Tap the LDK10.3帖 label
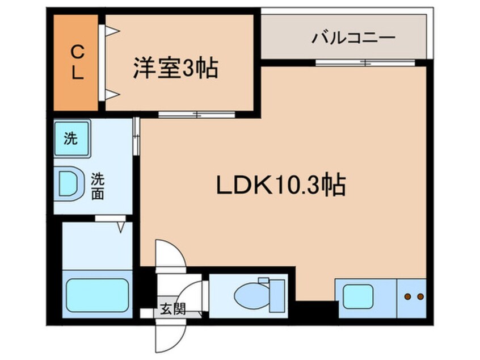[x=280, y=184]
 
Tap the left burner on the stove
[x=407, y=296]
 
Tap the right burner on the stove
[x=420, y=296]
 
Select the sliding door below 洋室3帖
[x=196, y=115]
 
